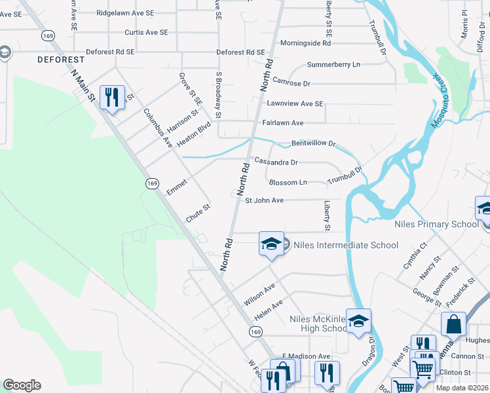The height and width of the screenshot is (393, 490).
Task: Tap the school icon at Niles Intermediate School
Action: (x=271, y=244)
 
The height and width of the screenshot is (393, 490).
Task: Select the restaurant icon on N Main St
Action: (x=112, y=98)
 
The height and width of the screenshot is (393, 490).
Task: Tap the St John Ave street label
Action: (x=264, y=200)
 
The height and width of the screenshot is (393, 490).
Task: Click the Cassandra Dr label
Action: (x=276, y=162)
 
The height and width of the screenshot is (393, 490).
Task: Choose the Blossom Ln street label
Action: (x=288, y=182)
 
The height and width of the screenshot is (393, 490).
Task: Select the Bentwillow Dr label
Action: (x=313, y=143)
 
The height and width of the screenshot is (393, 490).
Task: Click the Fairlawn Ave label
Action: (x=283, y=122)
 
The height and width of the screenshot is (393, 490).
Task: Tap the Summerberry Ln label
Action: (x=334, y=65)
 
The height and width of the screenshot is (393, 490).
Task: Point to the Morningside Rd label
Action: (x=305, y=43)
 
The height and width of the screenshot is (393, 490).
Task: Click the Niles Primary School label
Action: (x=437, y=225)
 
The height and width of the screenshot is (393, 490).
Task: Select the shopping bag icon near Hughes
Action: (x=454, y=324)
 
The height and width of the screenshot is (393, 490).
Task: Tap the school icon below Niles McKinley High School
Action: (x=358, y=321)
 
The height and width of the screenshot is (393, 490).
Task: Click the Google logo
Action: (x=22, y=385)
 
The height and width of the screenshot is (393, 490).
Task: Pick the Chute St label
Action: (x=197, y=214)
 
